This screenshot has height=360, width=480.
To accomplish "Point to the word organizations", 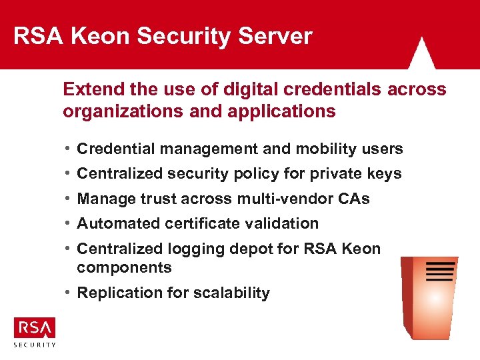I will tap(115, 111).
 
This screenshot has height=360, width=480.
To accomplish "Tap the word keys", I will tap(384, 174).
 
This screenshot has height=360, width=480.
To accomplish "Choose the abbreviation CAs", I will tap(353, 199).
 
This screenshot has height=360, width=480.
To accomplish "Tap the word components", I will tap(124, 267).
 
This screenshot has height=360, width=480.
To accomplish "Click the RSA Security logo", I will tap(35, 331).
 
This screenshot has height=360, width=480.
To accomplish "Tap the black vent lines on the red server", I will tap(439, 272).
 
